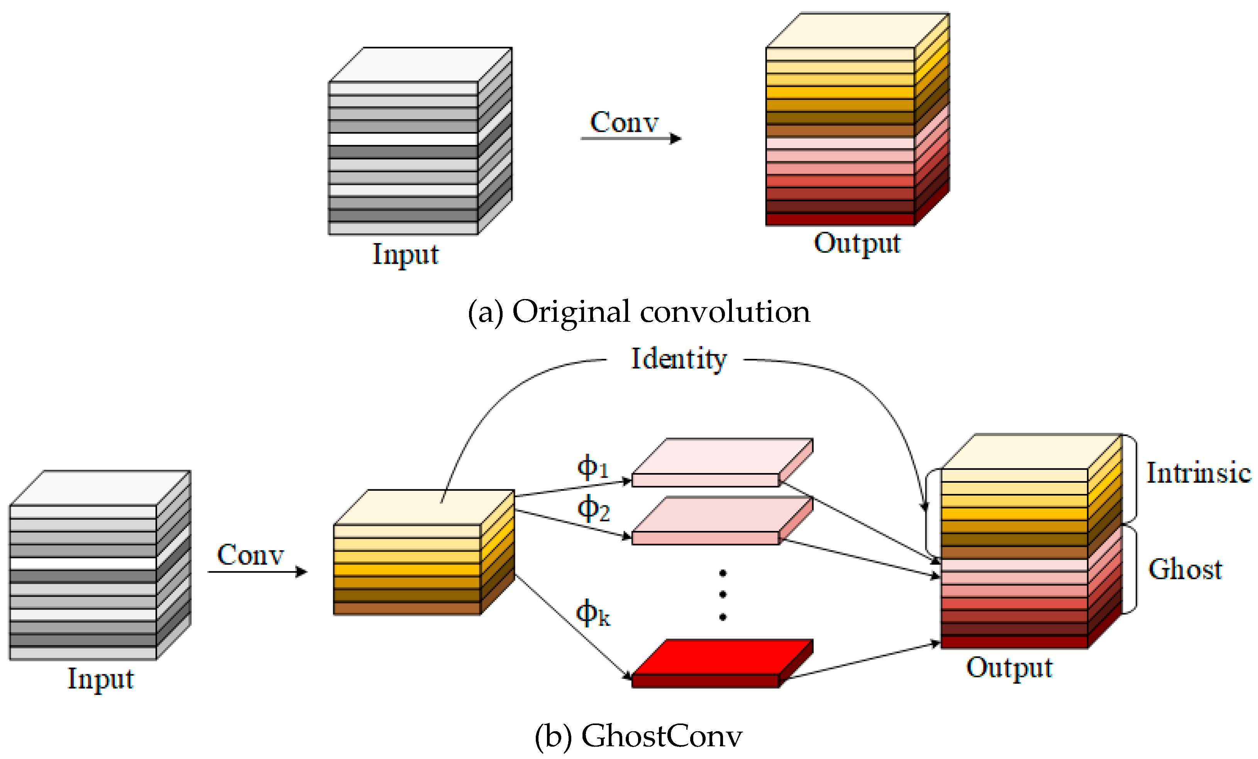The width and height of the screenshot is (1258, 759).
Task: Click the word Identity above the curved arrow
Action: click(x=679, y=359)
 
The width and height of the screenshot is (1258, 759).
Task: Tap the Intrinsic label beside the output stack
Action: click(x=1198, y=473)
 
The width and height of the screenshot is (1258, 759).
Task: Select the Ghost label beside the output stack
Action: click(x=1185, y=569)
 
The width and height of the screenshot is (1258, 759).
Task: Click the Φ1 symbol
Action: click(x=592, y=467)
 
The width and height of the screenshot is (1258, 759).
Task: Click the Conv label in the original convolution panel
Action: click(x=624, y=122)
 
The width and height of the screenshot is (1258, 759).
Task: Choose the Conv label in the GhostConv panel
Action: click(x=250, y=555)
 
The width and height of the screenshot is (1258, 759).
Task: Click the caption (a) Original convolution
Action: click(x=639, y=312)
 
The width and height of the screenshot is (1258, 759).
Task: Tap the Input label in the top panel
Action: click(x=405, y=255)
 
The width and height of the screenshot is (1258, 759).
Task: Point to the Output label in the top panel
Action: click(x=857, y=243)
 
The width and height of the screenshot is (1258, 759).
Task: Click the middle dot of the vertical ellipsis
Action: click(x=723, y=595)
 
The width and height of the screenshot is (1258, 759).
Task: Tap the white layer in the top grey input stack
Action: click(x=403, y=139)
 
